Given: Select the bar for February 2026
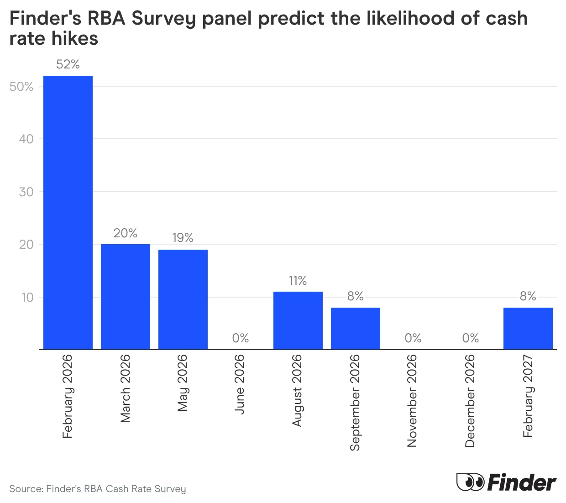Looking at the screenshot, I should click(x=68, y=212).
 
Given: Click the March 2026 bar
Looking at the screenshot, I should click(x=126, y=297).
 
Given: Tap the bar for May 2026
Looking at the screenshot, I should click(x=183, y=299).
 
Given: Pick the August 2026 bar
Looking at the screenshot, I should click(x=298, y=320).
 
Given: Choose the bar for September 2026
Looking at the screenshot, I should click(x=356, y=329).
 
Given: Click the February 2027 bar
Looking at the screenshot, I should click(x=528, y=329).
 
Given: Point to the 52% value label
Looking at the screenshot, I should click(x=68, y=64).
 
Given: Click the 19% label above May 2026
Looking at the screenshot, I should click(x=183, y=238).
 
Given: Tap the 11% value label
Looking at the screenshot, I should click(x=298, y=280).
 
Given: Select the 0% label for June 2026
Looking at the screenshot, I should click(x=241, y=338).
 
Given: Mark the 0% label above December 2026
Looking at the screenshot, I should click(x=471, y=338).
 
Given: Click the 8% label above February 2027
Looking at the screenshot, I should click(x=528, y=296).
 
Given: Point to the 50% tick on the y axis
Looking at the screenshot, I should click(x=21, y=87).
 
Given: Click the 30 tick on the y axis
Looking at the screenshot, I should click(x=26, y=192).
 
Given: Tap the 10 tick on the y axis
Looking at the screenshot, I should click(x=27, y=298).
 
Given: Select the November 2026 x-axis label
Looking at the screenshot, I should click(x=412, y=401).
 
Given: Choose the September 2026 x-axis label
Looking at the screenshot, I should click(x=355, y=403).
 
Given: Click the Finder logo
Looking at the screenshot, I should click(x=506, y=482).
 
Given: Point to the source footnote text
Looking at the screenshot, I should click(x=98, y=489).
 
